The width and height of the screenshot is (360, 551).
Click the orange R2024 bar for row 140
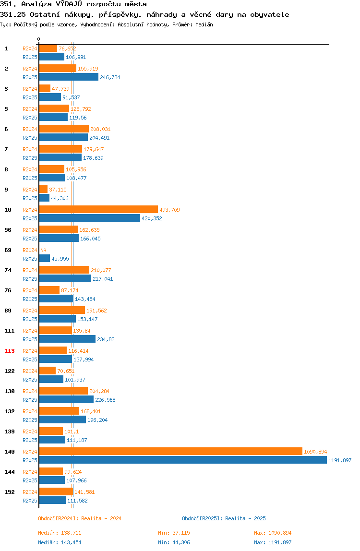[171, 451]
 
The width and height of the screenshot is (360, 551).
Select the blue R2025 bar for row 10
[90, 218]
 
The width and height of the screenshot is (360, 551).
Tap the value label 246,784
[110, 77]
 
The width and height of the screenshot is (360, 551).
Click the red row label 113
[10, 351]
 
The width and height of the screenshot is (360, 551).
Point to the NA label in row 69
[43, 250]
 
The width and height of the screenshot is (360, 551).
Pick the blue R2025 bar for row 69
[45, 258]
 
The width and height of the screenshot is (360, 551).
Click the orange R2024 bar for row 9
[43, 190]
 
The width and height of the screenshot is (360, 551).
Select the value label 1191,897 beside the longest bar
[340, 460]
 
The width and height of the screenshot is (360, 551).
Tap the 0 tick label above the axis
[39, 39]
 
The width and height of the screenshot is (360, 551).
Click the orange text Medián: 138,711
[60, 533]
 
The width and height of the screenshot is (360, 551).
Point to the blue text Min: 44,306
[174, 542]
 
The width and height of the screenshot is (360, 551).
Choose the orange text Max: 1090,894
[273, 533]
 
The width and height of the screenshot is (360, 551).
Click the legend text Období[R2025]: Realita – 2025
[224, 518]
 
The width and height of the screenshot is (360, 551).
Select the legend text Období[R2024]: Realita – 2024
[80, 518]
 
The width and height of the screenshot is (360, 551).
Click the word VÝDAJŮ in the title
[69, 4]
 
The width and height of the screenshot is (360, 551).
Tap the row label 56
[8, 230]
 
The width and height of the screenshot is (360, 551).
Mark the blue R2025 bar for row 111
[68, 339]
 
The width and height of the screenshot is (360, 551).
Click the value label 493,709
[169, 210]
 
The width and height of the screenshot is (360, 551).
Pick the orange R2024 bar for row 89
[62, 310]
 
